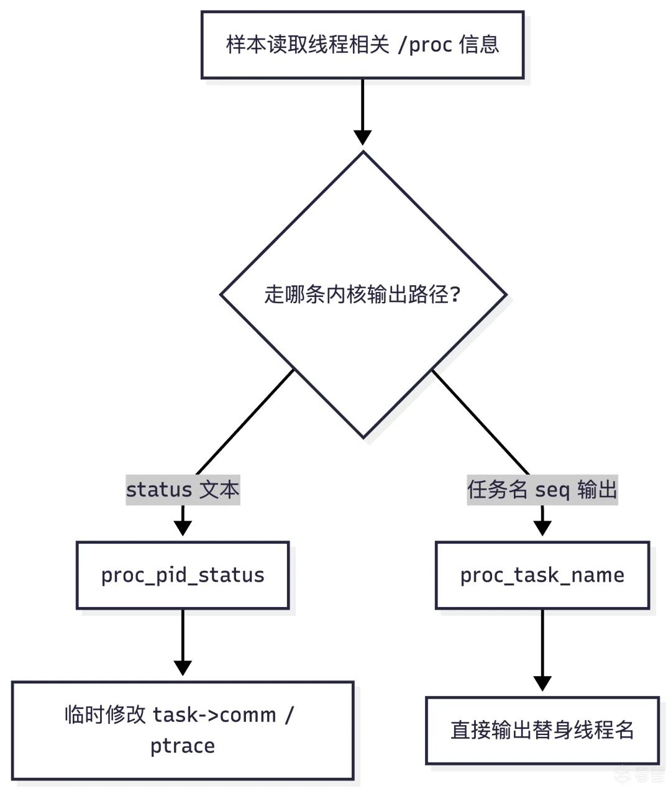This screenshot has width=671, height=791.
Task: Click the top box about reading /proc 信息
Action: point(362,45)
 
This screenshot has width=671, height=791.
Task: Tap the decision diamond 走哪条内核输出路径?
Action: point(363,295)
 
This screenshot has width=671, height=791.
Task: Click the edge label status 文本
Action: point(183,490)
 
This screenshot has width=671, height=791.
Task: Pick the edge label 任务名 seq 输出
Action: point(542,490)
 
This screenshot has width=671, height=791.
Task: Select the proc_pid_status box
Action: point(183,575)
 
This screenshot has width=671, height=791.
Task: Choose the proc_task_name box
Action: point(542,575)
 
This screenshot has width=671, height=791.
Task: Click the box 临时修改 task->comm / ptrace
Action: point(183,730)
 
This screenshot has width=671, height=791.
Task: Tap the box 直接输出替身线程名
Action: point(542,730)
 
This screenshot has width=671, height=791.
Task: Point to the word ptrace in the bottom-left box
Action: point(183,746)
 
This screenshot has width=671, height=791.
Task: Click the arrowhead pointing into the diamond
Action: point(363,137)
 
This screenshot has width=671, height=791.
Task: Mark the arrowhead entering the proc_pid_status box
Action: point(183,528)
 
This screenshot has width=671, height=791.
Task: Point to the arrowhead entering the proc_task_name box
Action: point(542,528)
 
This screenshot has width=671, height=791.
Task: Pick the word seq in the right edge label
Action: point(552,490)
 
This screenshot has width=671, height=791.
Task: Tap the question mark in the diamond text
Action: point(455,295)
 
